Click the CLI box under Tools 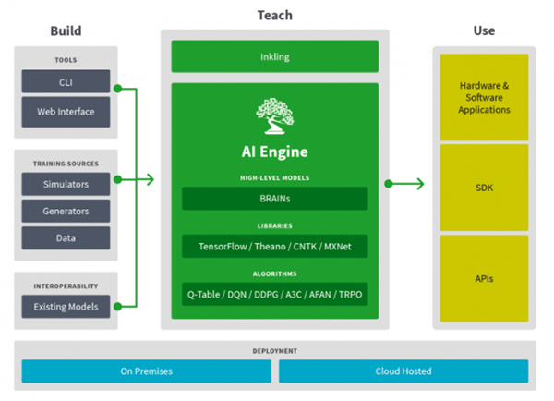[66, 82]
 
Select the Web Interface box [66, 113]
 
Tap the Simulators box [66, 184]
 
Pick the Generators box [66, 211]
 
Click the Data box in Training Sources [66, 237]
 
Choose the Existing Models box [66, 305]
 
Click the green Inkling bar [274, 56]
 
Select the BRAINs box [274, 199]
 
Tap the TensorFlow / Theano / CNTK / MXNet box [274, 247]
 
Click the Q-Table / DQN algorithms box [274, 295]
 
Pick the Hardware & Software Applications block [485, 97]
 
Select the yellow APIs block [485, 276]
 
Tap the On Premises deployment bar [146, 371]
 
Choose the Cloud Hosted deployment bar [403, 371]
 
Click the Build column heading [66, 31]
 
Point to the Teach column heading [274, 16]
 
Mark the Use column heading [484, 31]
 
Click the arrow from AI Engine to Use [405, 184]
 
